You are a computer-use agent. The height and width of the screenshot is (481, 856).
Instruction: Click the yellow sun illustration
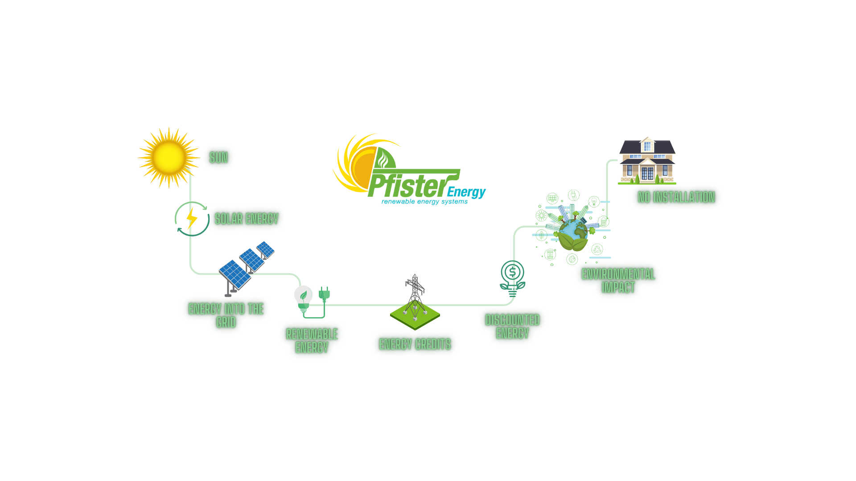(169, 157)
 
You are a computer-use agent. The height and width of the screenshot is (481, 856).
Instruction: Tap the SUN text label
(218, 158)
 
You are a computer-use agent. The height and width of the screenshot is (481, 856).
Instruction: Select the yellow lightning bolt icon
(192, 218)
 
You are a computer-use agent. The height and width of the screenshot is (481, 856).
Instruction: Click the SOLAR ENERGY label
(247, 219)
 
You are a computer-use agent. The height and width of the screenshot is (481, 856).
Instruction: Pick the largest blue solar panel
(235, 274)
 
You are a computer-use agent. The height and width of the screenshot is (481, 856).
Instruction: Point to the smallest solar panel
(265, 249)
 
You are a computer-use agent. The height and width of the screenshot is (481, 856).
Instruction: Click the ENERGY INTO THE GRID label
(226, 315)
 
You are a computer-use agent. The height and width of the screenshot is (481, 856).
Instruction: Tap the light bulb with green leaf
(303, 298)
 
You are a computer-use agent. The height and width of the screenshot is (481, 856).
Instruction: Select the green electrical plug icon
(324, 293)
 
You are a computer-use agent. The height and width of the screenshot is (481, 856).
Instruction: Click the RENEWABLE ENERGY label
(312, 341)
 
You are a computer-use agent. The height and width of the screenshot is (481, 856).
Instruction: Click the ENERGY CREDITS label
(415, 344)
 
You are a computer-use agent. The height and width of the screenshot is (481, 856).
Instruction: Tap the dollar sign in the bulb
(512, 272)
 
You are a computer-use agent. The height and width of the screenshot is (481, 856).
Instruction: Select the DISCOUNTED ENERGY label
(512, 326)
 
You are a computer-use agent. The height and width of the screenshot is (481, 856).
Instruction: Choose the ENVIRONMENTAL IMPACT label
(618, 281)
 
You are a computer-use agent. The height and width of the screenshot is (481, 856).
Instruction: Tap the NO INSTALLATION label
(676, 197)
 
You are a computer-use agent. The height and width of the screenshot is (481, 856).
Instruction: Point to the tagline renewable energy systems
(424, 202)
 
